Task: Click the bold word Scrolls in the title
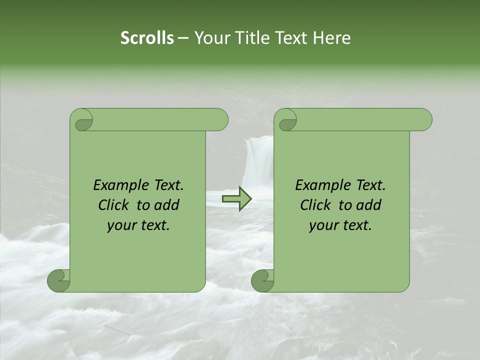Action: click(x=147, y=38)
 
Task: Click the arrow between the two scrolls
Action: click(x=237, y=199)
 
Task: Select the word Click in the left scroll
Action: click(x=113, y=205)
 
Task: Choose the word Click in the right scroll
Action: click(x=315, y=205)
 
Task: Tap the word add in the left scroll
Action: click(x=167, y=205)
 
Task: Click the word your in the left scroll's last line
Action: click(x=121, y=225)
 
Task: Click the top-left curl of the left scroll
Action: click(x=82, y=120)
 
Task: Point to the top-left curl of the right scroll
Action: click(x=286, y=120)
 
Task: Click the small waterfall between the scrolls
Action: click(x=256, y=160)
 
